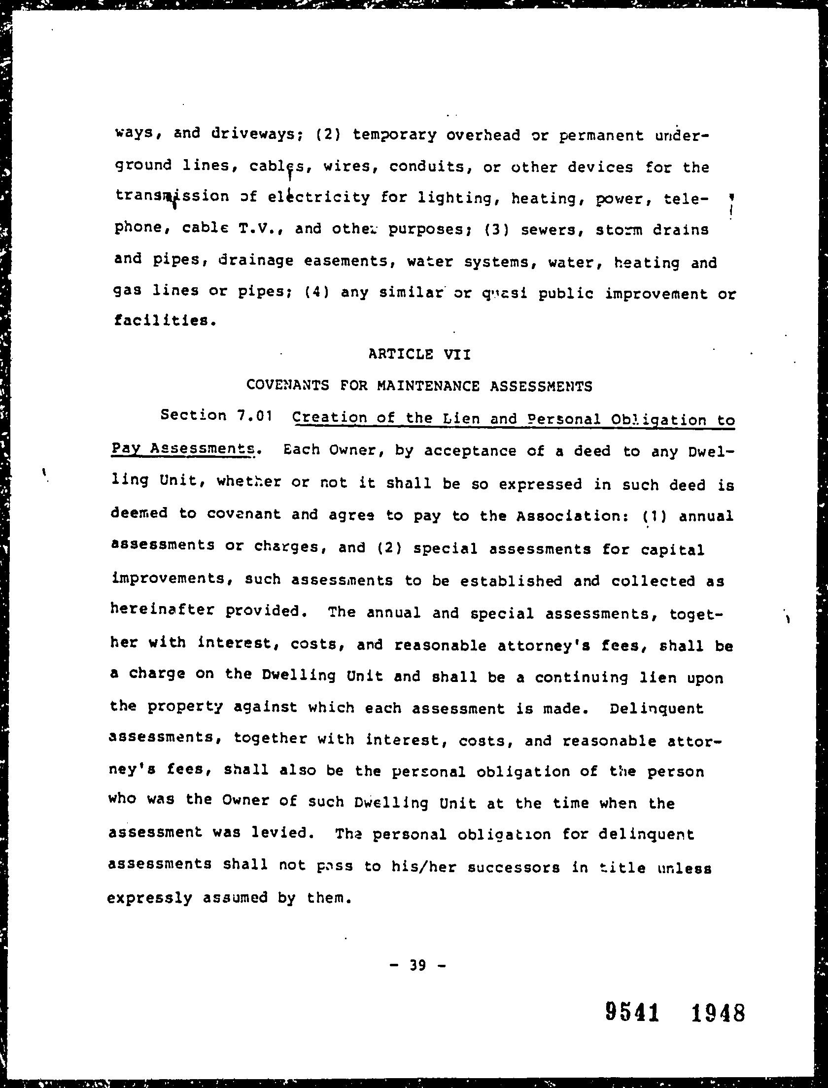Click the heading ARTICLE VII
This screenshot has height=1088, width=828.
tap(419, 354)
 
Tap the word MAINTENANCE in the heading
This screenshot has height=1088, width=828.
tap(428, 386)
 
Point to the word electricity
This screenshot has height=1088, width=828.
tap(319, 197)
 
